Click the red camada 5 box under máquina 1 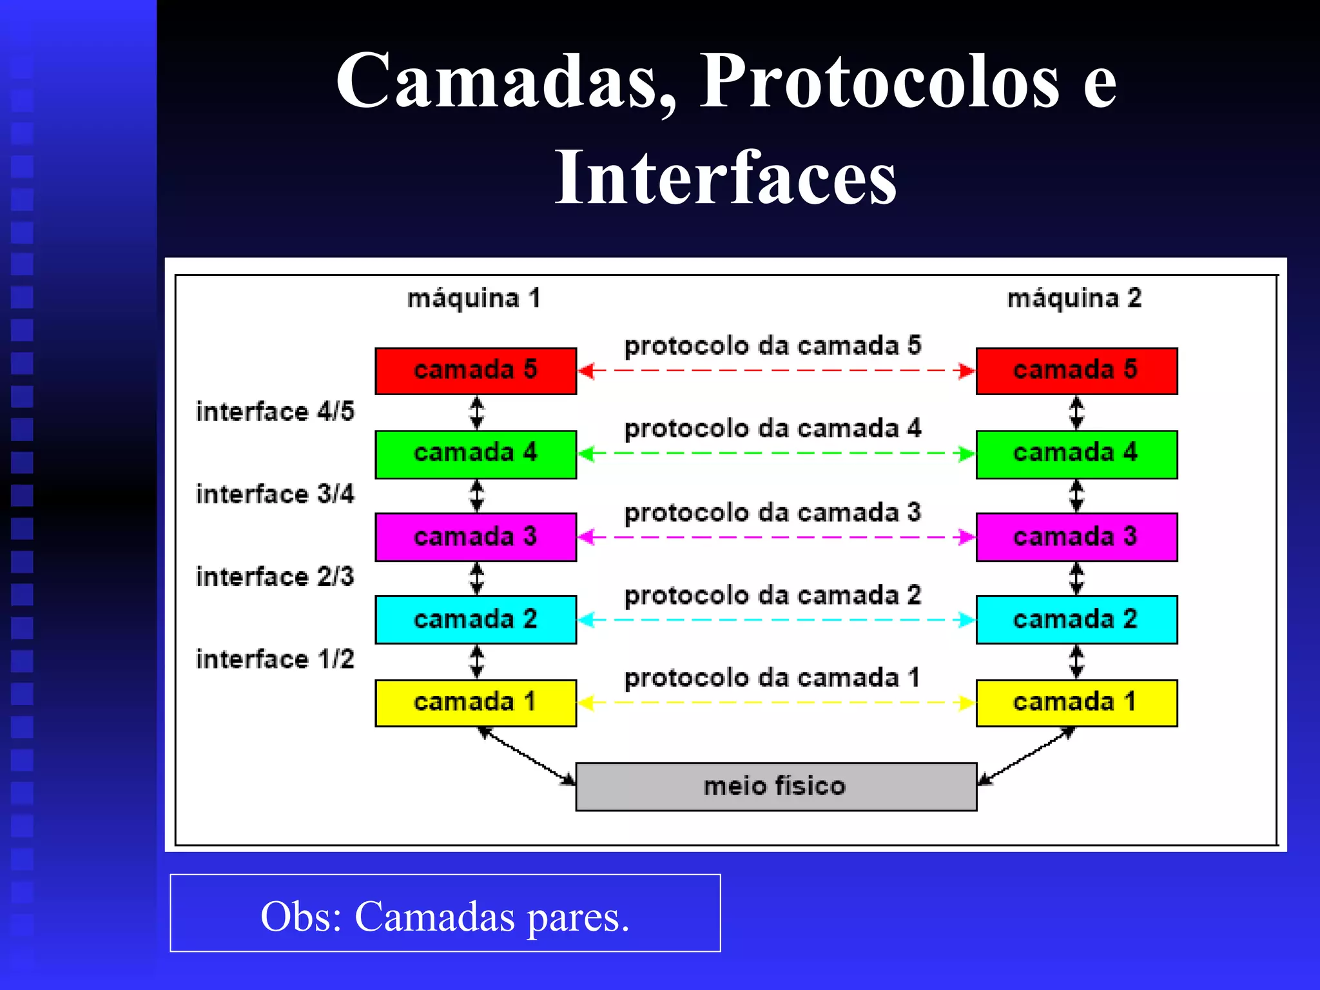476,371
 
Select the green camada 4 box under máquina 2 1076,454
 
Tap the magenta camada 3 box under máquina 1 476,537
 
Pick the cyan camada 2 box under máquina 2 1076,619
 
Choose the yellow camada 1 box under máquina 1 476,703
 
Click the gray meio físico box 776,786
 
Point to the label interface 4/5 275,412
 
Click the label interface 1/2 275,659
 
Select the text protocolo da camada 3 772,513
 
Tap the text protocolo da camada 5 772,346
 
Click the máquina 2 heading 1074,298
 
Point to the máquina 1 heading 474,298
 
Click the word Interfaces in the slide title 726,177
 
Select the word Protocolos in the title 879,81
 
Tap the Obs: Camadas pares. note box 445,913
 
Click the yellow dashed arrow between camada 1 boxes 776,703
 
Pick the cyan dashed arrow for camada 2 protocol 776,620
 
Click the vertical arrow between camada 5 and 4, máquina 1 476,412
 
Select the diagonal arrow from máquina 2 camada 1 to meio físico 1026,757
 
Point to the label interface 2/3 275,577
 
